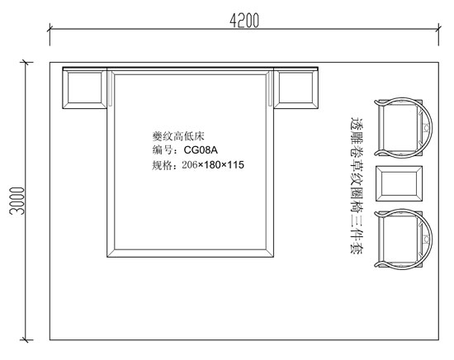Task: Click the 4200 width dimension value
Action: [x=244, y=21]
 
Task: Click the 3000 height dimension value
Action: [x=17, y=201]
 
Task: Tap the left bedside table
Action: [x=84, y=89]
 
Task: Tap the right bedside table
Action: [x=296, y=89]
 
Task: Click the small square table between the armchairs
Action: [x=399, y=183]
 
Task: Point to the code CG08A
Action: [x=201, y=150]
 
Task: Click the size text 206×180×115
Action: [x=213, y=165]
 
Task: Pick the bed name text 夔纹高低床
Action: [x=178, y=136]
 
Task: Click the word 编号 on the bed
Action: [x=163, y=150]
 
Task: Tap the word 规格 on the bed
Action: [x=163, y=165]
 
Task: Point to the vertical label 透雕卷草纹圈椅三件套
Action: [x=357, y=186]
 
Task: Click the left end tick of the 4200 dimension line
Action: [x=50, y=29]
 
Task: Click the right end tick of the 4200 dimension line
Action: [x=438, y=29]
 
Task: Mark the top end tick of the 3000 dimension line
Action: [x=26, y=62]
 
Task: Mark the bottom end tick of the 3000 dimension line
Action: [x=26, y=339]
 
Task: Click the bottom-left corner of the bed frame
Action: [x=107, y=257]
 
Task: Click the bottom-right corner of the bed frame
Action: [x=273, y=257]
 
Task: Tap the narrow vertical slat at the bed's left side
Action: [x=111, y=89]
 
